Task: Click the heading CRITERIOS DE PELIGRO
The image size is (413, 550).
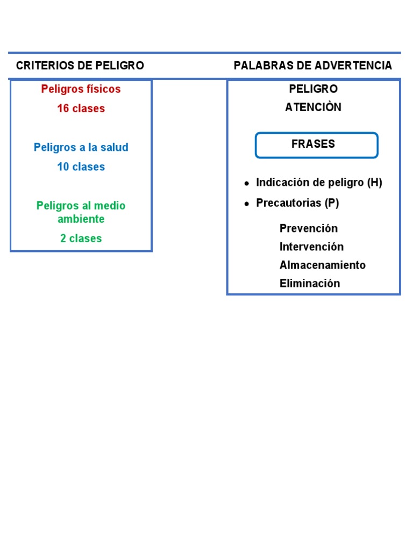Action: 80,66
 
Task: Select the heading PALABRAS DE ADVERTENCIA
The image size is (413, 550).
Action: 312,66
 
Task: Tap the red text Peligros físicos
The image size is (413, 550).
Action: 81,89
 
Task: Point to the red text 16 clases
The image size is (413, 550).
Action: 81,108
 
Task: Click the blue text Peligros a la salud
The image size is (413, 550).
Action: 81,147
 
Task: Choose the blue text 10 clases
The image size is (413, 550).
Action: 81,167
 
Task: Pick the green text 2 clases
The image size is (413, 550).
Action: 81,238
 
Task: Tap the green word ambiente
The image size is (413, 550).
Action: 81,219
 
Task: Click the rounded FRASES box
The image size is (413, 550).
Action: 316,145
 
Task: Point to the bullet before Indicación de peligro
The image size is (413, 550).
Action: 246,184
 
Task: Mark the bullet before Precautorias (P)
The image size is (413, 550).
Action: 246,204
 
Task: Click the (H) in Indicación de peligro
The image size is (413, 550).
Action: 374,183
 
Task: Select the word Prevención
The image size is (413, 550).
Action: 309,228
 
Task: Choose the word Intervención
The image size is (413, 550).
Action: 311,247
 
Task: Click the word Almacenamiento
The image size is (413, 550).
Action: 322,265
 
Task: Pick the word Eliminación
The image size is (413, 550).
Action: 310,284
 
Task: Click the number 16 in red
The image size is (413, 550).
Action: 63,108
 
